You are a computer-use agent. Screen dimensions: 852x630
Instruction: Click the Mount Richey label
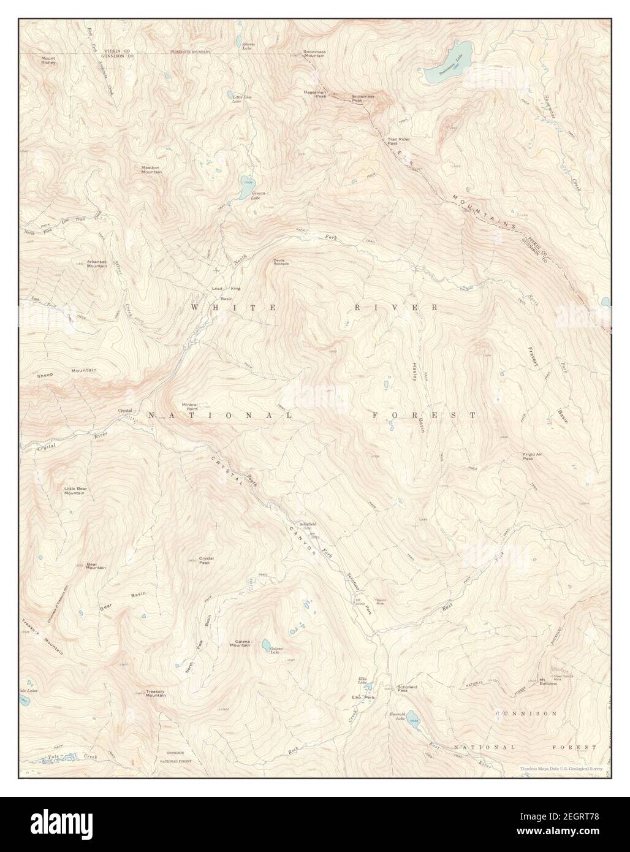click(48, 60)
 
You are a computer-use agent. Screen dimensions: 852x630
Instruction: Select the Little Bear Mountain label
click(74, 490)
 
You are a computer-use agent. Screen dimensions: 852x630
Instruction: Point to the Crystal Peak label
click(205, 560)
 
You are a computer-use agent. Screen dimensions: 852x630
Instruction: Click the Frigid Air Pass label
click(532, 456)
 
